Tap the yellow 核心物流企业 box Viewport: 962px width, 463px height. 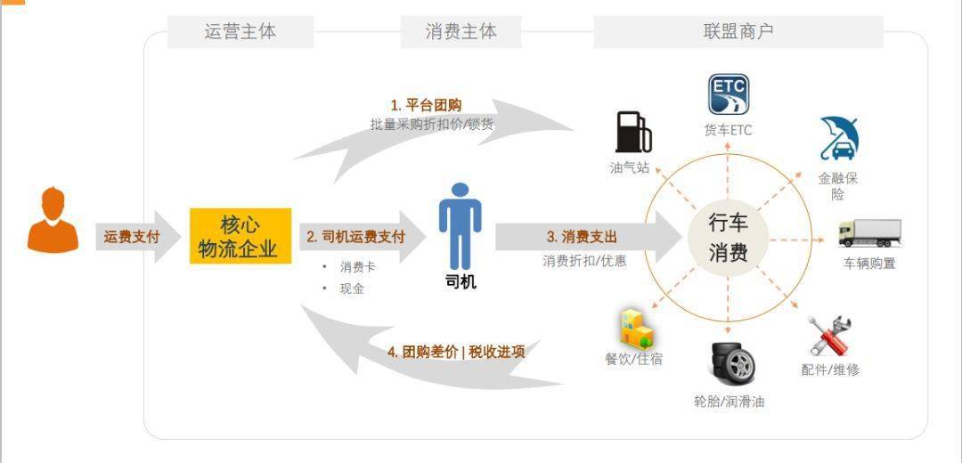[240, 236]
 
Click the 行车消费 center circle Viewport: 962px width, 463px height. [728, 238]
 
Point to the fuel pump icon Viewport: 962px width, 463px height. [632, 132]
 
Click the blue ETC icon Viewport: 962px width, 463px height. [728, 95]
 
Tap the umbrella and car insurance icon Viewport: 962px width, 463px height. [838, 139]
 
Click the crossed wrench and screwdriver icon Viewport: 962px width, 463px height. [829, 336]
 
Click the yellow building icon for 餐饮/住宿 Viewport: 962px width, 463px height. [636, 328]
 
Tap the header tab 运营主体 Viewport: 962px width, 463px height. [240, 32]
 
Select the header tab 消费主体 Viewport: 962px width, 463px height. [461, 32]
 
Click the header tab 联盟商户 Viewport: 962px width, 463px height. [738, 32]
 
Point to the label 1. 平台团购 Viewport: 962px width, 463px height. [426, 105]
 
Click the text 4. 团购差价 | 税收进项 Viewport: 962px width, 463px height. [455, 352]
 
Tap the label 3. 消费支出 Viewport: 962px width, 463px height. [582, 237]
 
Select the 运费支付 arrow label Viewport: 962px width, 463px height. [131, 237]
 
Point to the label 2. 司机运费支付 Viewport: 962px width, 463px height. [355, 237]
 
